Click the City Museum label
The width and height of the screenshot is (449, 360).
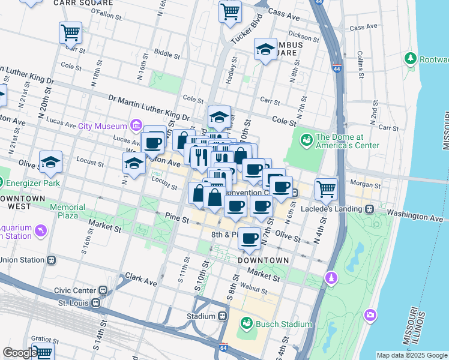click(103, 126)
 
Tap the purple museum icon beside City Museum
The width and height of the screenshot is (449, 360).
click(136, 126)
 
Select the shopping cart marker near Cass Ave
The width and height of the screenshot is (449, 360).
click(230, 12)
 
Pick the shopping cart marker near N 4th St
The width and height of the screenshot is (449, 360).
click(326, 190)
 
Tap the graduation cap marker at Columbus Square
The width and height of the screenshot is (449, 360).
click(265, 50)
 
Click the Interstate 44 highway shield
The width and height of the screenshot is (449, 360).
click(338, 69)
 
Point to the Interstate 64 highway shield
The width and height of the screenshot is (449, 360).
click(223, 347)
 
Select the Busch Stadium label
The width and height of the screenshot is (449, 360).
click(284, 325)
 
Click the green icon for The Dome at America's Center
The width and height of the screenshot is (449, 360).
click(307, 140)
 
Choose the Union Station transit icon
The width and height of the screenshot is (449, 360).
click(52, 260)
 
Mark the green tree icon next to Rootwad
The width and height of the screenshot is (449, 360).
click(411, 59)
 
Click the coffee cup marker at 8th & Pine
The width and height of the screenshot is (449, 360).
click(249, 239)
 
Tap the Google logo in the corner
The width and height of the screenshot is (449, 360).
click(20, 353)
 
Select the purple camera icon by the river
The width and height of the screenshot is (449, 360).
click(370, 314)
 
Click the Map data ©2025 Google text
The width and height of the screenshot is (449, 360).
click(412, 355)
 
